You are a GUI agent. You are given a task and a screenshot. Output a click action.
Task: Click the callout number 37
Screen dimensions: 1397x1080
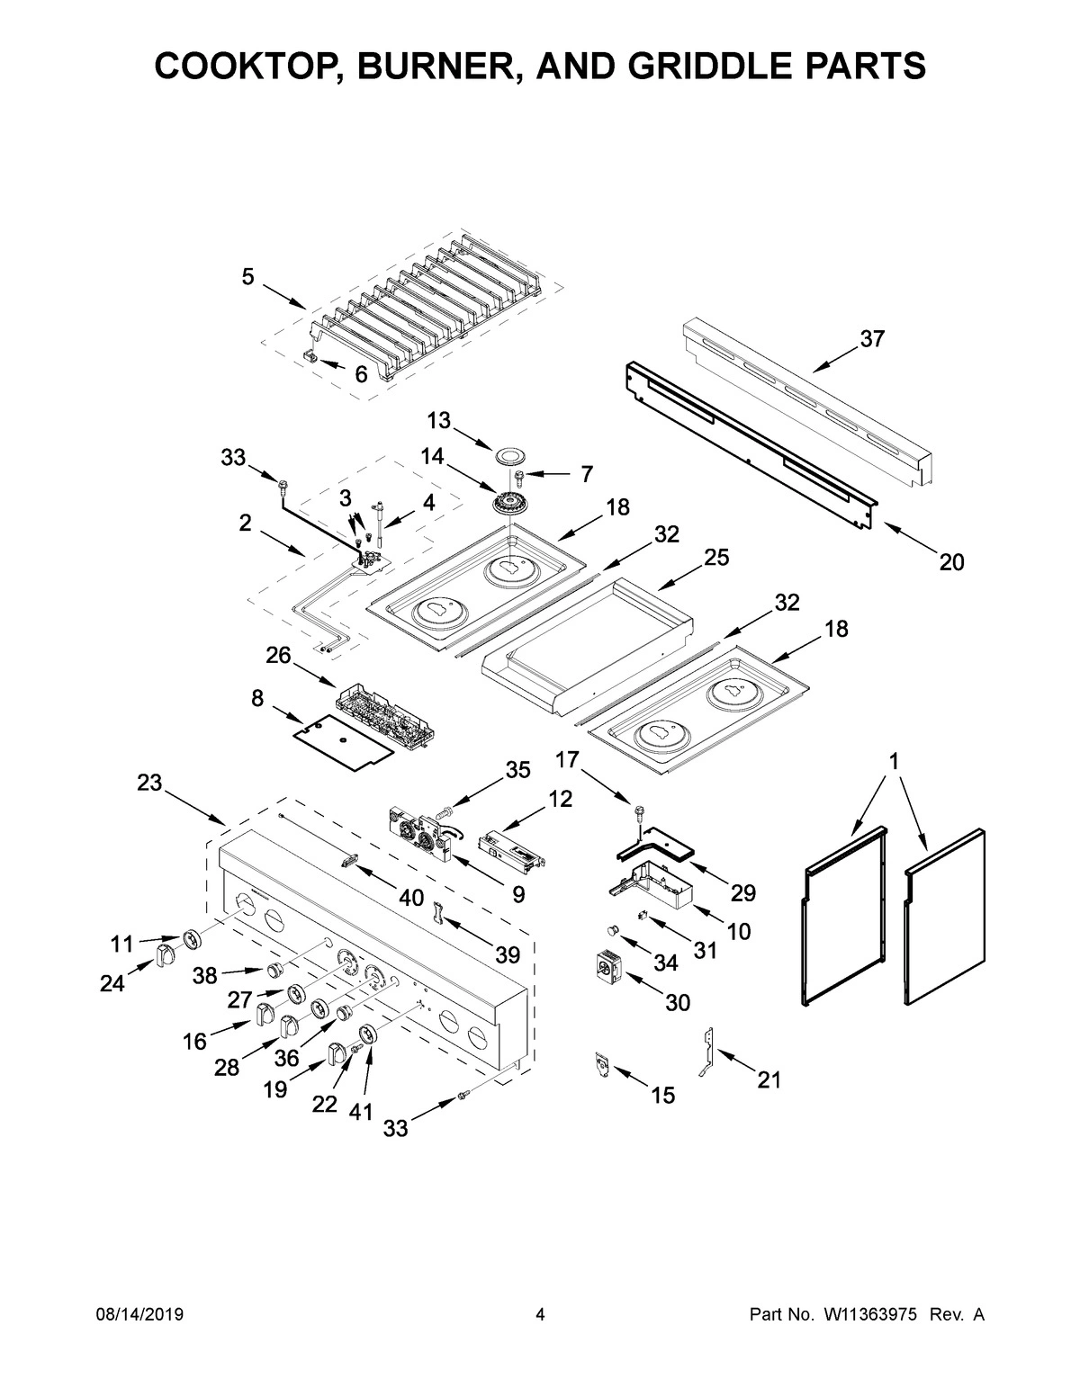tap(871, 339)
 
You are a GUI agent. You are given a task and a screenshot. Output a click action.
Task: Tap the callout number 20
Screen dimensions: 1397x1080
tap(951, 562)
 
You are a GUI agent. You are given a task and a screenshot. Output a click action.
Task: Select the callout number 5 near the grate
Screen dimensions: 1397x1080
tap(247, 277)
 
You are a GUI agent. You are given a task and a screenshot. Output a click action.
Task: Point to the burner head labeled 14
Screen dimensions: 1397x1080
tap(510, 502)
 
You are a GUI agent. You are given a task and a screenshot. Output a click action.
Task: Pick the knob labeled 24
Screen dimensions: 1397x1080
tap(165, 954)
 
